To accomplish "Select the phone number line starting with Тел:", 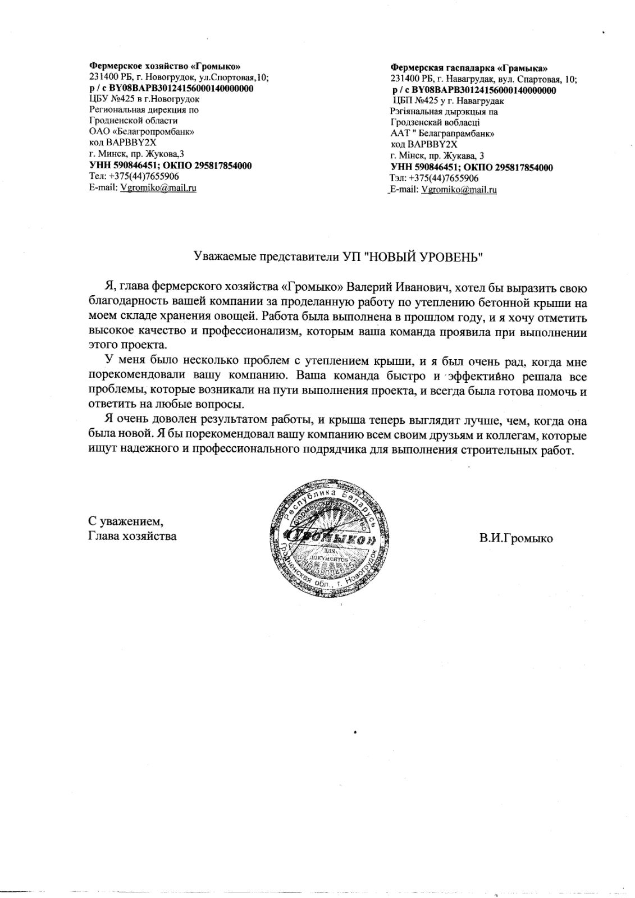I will [x=134, y=177].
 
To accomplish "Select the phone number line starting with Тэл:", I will [x=435, y=178].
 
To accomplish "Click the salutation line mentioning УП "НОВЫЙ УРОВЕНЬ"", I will [x=339, y=257].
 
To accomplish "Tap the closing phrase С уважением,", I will [x=126, y=523].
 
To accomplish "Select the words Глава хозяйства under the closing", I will [x=133, y=536].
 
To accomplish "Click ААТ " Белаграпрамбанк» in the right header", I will [x=442, y=134].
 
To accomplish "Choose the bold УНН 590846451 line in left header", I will [x=170, y=166].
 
